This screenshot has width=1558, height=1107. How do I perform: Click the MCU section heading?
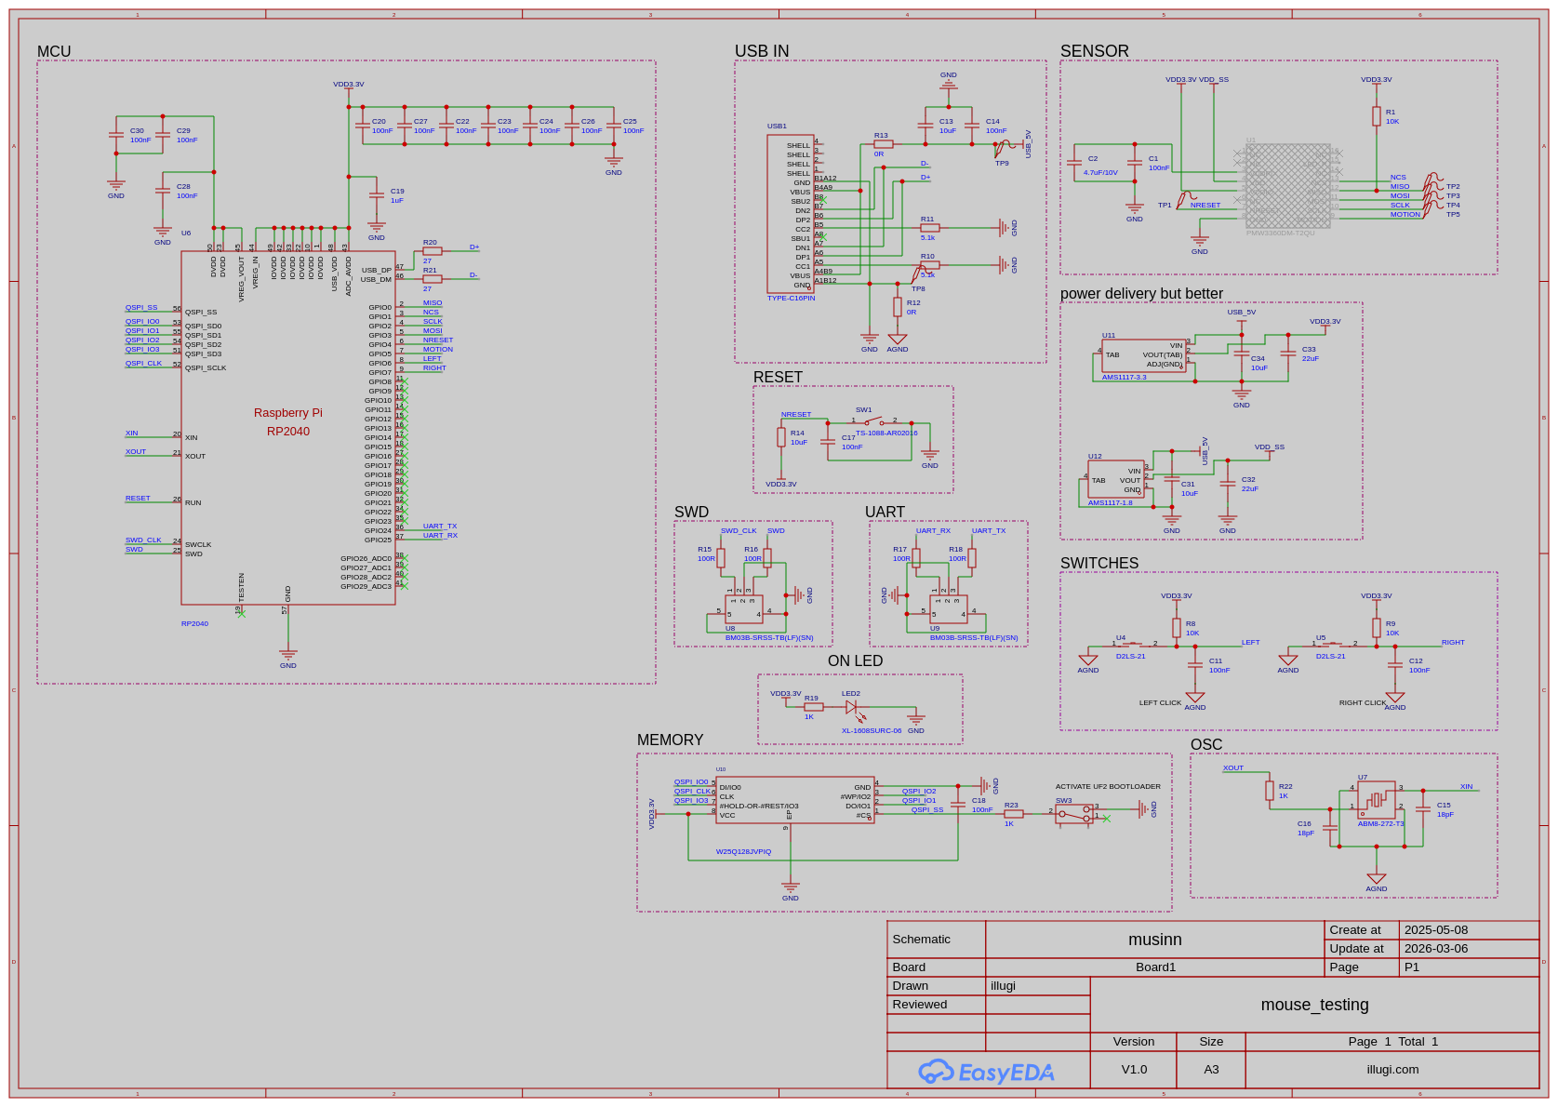(54, 52)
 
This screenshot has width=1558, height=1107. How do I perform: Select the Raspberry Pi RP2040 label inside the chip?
(288, 421)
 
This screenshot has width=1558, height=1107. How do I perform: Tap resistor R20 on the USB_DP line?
(432, 251)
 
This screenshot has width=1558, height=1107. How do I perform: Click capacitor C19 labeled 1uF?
(377, 195)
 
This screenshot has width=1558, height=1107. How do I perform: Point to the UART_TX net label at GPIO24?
(439, 527)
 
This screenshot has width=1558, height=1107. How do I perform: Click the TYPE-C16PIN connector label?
(791, 299)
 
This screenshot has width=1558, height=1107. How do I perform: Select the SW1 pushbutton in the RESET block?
(873, 421)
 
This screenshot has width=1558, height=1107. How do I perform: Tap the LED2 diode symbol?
(851, 707)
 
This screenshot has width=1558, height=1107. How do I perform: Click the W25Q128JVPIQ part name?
(743, 851)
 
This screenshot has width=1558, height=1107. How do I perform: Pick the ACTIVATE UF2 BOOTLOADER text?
(1108, 787)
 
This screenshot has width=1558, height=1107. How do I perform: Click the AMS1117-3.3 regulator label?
(1124, 378)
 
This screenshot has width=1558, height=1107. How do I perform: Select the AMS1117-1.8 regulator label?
(1110, 503)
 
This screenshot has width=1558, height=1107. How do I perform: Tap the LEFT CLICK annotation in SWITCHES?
(1160, 703)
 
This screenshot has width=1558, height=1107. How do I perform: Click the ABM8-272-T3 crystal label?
(1380, 824)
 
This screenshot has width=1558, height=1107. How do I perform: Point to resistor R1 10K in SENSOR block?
(1377, 116)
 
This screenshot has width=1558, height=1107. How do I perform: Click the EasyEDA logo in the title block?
(986, 1072)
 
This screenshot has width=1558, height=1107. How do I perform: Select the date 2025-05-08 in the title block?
(1435, 930)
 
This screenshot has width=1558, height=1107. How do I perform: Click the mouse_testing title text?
(1314, 1005)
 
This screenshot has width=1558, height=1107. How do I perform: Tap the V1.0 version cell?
(1134, 1070)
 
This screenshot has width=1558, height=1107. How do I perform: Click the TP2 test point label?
(1453, 187)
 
